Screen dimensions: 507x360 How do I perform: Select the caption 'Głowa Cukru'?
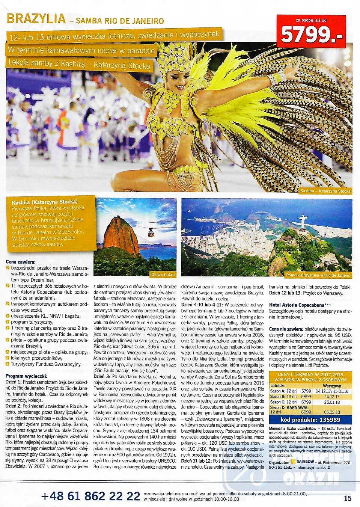tap(163, 275)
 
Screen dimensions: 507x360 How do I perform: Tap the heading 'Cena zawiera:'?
tap(21, 261)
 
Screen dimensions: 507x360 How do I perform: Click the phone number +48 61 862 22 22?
tap(90, 496)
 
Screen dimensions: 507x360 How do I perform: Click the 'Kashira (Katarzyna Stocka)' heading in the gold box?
tap(45, 201)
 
